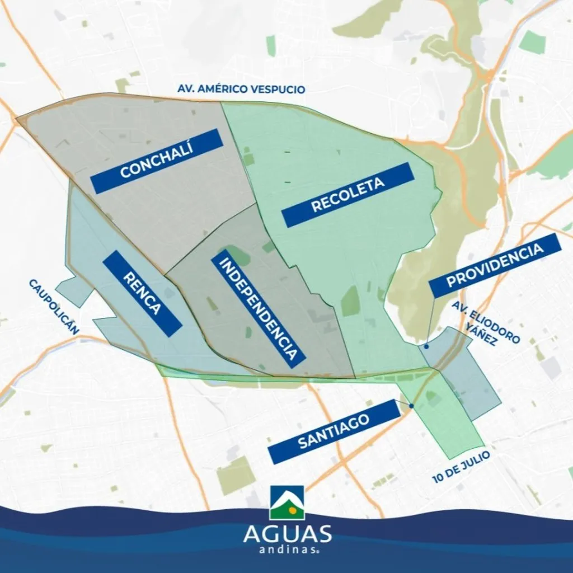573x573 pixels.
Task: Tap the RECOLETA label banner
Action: (347, 195)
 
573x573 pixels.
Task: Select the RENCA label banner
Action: (143, 293)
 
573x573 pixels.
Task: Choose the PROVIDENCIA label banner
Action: (495, 265)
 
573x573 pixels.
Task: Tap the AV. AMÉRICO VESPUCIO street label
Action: (241, 89)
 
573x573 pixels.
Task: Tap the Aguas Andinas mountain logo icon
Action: (286, 502)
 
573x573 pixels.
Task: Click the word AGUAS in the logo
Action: (287, 533)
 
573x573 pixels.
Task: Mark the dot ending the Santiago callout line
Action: (411, 406)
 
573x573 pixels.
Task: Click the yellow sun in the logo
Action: (293, 511)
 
